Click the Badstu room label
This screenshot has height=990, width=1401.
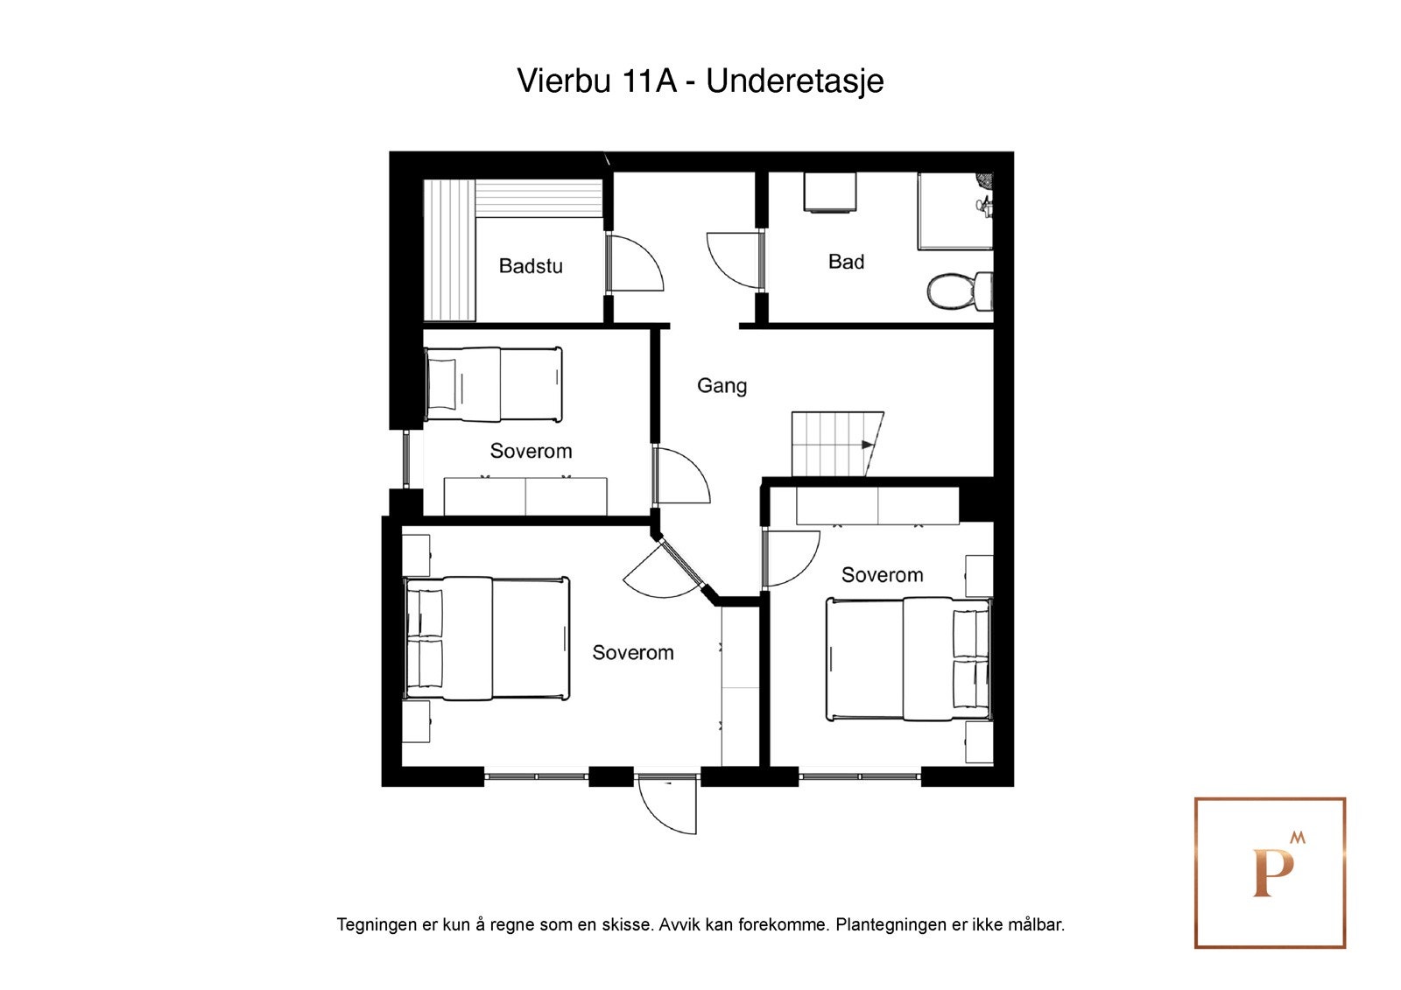(530, 266)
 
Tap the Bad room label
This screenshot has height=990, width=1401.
(846, 262)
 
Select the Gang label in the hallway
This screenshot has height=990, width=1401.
(722, 385)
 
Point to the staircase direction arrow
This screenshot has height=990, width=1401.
(868, 445)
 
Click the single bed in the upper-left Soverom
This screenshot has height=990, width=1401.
(493, 384)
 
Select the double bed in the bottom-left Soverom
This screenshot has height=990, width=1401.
(487, 637)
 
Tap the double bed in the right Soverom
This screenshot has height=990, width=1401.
(908, 658)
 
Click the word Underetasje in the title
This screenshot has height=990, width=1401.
(794, 81)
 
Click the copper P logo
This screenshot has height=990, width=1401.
(1270, 873)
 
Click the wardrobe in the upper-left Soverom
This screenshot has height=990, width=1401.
(525, 496)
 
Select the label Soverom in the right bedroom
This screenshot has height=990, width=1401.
(882, 575)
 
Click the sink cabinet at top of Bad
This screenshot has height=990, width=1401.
(828, 193)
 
